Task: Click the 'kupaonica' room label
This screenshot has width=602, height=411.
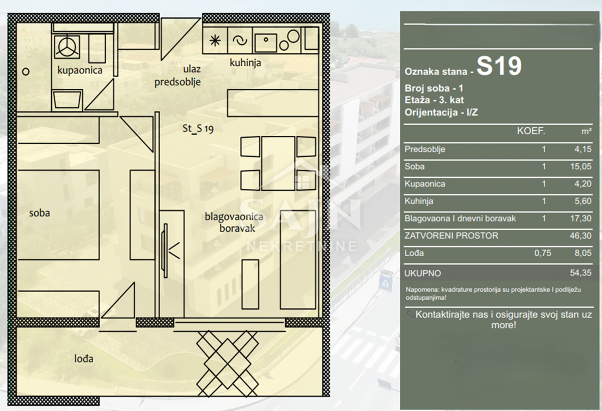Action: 80,70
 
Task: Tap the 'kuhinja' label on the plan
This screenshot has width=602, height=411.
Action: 245,63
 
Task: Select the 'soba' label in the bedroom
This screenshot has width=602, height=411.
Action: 40,213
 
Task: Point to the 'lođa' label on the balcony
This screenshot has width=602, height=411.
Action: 84,358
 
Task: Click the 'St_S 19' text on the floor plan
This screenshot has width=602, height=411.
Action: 198,128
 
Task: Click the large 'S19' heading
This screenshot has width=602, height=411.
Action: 499,66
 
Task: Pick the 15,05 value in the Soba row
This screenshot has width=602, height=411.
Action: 581,166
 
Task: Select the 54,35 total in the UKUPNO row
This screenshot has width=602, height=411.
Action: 581,273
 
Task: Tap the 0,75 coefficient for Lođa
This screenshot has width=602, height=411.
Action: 543,253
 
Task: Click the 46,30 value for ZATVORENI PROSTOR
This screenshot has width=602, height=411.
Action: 581,236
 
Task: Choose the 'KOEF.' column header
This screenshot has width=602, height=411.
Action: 531,131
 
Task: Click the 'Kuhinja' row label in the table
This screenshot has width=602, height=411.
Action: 419,201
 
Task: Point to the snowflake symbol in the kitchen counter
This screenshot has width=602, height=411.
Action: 215,41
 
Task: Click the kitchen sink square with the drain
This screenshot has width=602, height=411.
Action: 265,43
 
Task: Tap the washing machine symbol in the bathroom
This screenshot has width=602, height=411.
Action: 67,47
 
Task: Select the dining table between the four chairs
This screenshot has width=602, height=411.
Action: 278,163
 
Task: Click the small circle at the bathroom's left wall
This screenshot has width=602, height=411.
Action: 26,72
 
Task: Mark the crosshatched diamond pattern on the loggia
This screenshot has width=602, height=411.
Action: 227,364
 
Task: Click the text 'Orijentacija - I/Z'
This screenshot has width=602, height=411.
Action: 441,112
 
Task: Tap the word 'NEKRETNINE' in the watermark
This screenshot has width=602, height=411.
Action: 302,247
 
